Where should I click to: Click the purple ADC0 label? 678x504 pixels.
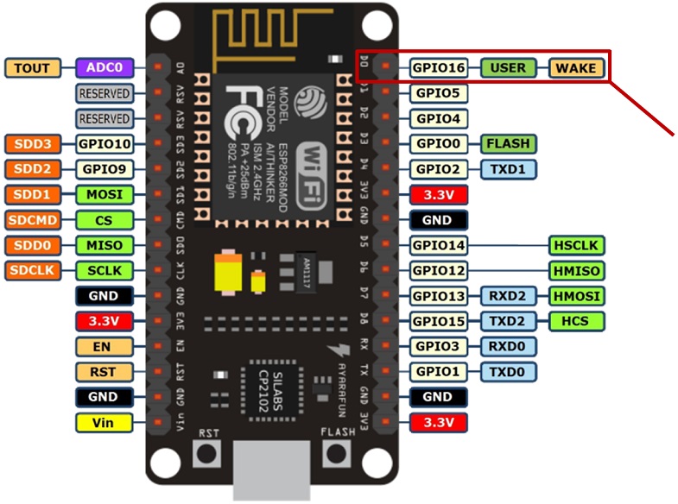104,67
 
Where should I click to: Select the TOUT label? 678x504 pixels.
33,67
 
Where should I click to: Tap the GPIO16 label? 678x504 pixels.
438,67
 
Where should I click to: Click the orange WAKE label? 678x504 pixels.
576,67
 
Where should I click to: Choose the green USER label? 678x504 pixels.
508,67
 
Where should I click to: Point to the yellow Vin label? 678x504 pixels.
104,422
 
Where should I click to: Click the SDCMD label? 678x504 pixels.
33,219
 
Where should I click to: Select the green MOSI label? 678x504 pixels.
104,194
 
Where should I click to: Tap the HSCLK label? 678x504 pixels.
576,245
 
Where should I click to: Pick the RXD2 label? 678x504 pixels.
508,296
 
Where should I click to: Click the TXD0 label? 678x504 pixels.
508,372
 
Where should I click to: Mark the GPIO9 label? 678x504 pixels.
104,168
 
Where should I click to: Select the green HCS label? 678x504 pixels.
576,321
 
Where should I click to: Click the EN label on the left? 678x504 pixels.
104,346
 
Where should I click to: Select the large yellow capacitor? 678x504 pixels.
230,273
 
